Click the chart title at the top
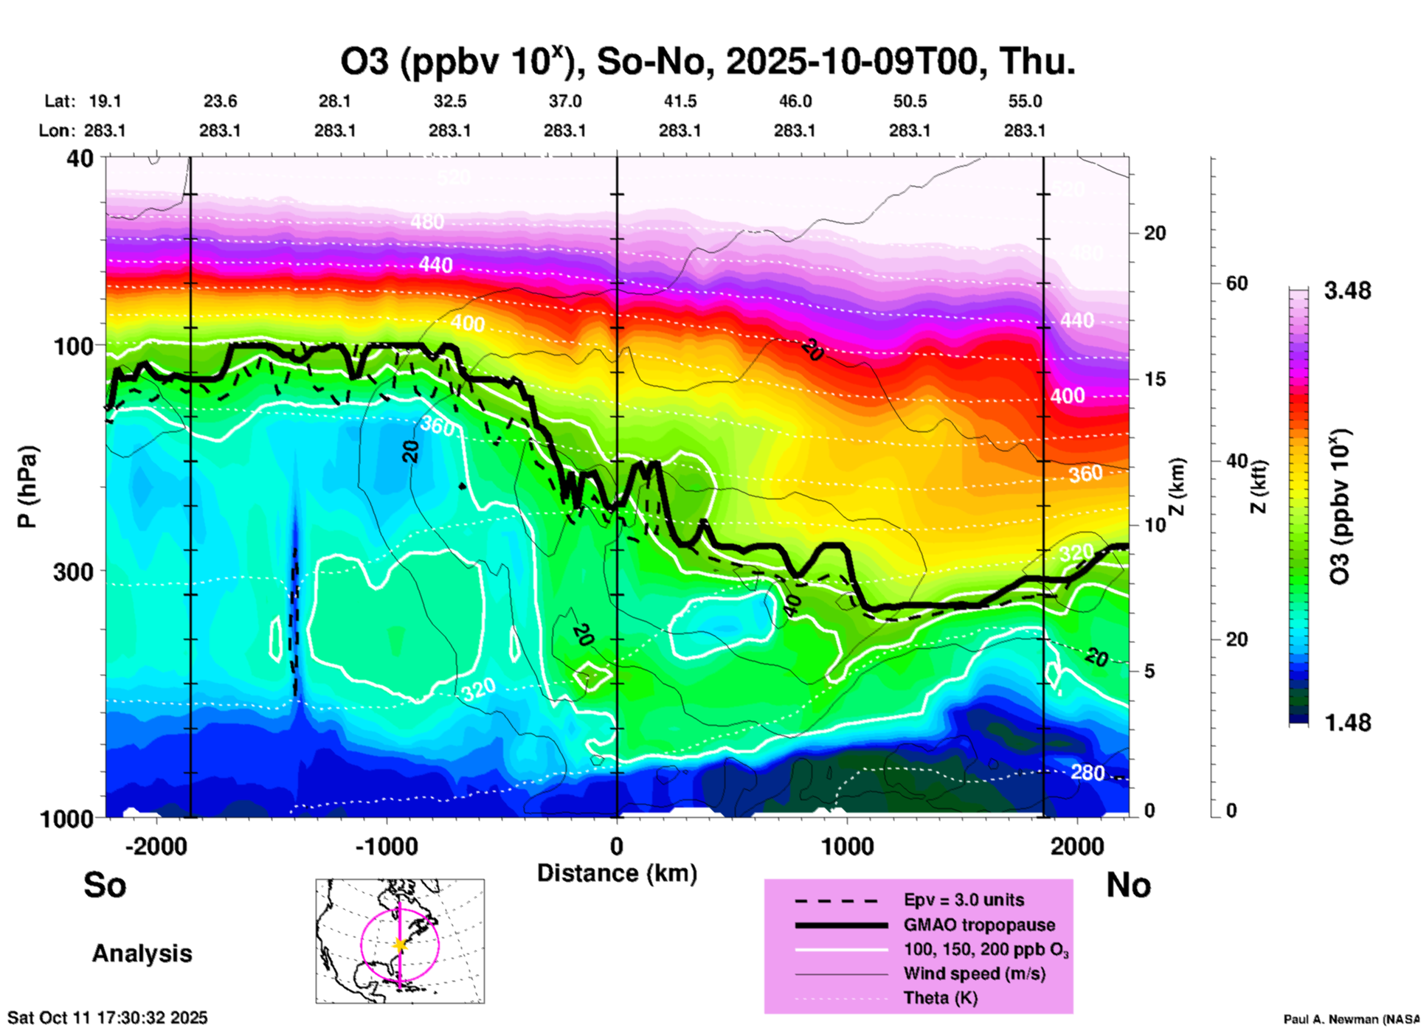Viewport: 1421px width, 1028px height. tap(707, 62)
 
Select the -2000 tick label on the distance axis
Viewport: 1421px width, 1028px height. tap(156, 847)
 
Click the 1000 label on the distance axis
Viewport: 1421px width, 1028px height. tap(847, 847)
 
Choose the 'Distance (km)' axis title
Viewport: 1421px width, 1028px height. tap(617, 873)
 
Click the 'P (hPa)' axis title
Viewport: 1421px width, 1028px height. tap(28, 487)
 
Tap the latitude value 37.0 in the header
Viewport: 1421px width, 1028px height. tap(564, 101)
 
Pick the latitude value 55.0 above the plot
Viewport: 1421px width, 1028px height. tap(1025, 101)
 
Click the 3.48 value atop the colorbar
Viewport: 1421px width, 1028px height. tap(1347, 291)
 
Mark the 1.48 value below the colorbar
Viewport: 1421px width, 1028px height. tap(1347, 723)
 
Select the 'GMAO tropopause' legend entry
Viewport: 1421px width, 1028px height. tap(979, 925)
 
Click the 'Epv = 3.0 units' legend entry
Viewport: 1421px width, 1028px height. tap(964, 900)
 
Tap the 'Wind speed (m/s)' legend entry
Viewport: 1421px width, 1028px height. tap(974, 974)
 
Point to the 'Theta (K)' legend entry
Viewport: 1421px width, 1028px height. tap(941, 999)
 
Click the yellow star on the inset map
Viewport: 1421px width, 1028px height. tap(400, 945)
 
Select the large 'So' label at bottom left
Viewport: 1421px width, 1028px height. tap(105, 885)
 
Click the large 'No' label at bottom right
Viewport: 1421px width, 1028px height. tap(1128, 885)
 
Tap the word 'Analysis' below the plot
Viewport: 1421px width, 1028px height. tap(142, 954)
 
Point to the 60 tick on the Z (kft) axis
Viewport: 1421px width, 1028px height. tap(1237, 284)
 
